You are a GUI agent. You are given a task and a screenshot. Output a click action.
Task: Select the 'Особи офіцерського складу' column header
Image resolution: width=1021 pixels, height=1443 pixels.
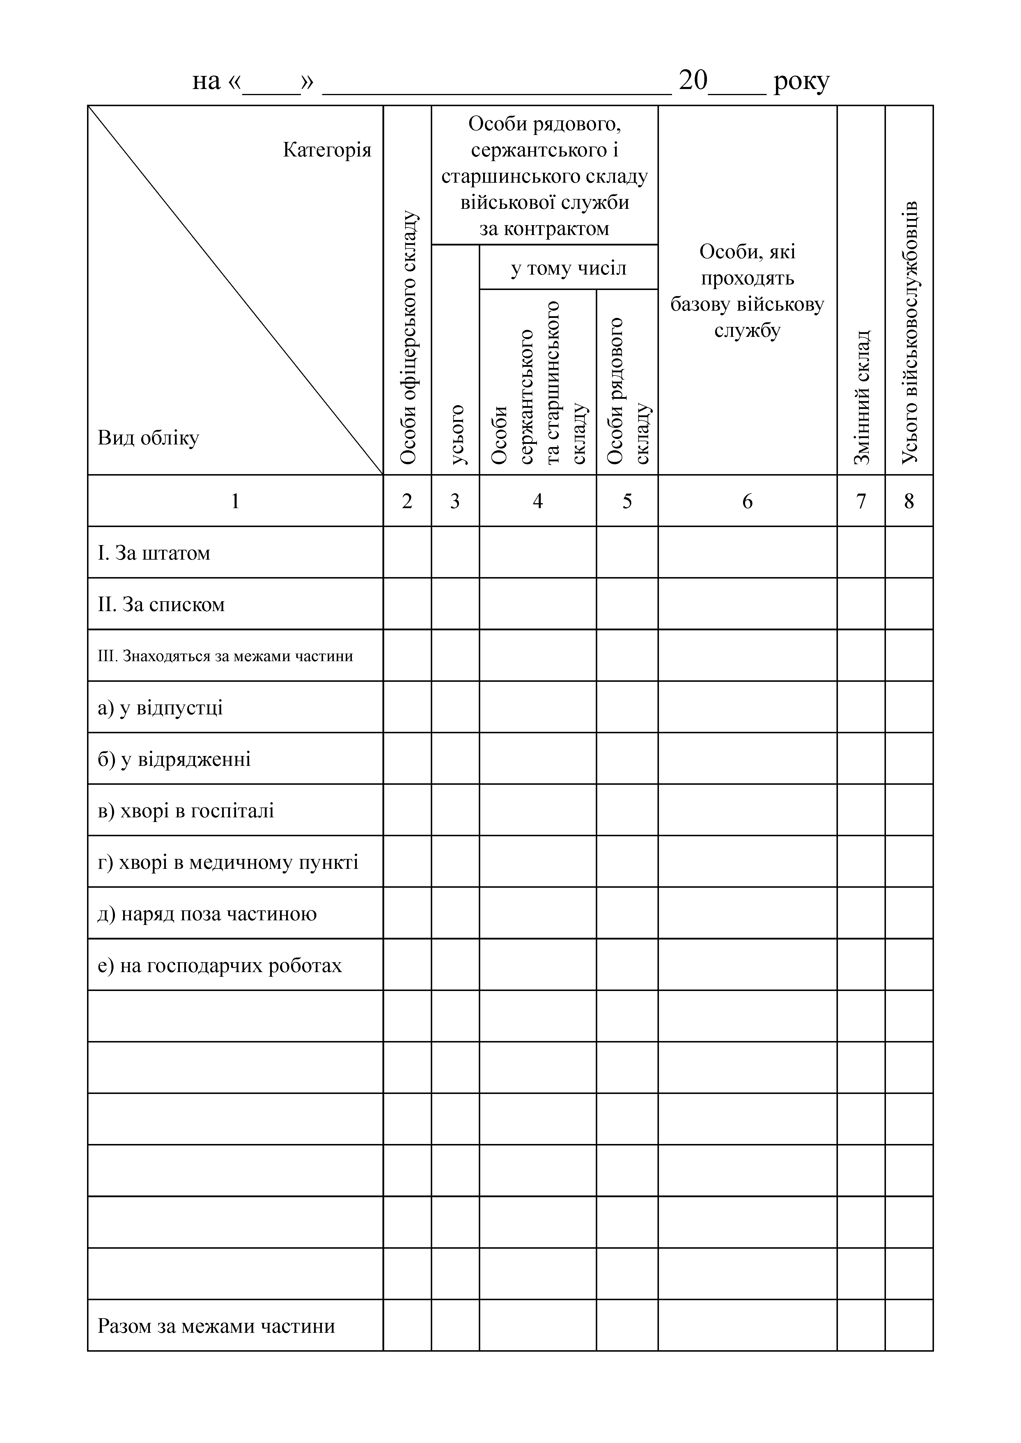tap(408, 338)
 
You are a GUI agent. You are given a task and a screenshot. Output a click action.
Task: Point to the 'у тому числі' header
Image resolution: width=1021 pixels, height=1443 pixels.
tap(568, 268)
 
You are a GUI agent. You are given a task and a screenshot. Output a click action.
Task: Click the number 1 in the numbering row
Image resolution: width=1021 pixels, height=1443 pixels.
tap(235, 501)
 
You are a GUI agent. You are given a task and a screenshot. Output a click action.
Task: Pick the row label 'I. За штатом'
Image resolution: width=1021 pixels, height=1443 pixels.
tap(154, 553)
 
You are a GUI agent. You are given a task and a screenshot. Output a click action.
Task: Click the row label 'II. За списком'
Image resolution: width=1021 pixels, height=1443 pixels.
tap(161, 605)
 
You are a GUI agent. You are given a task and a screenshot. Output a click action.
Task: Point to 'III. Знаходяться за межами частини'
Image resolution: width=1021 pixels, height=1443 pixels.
tap(225, 656)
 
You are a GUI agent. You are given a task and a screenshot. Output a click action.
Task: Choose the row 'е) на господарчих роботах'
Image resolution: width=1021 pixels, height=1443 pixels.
tap(219, 965)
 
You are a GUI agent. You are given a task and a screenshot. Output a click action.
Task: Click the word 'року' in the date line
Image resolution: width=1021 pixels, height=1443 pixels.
tap(802, 81)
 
